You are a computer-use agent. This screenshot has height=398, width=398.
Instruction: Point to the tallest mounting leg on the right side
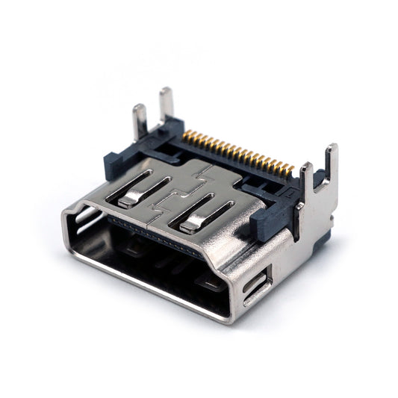330,164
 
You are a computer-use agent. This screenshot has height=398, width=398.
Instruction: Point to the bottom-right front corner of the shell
228,317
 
